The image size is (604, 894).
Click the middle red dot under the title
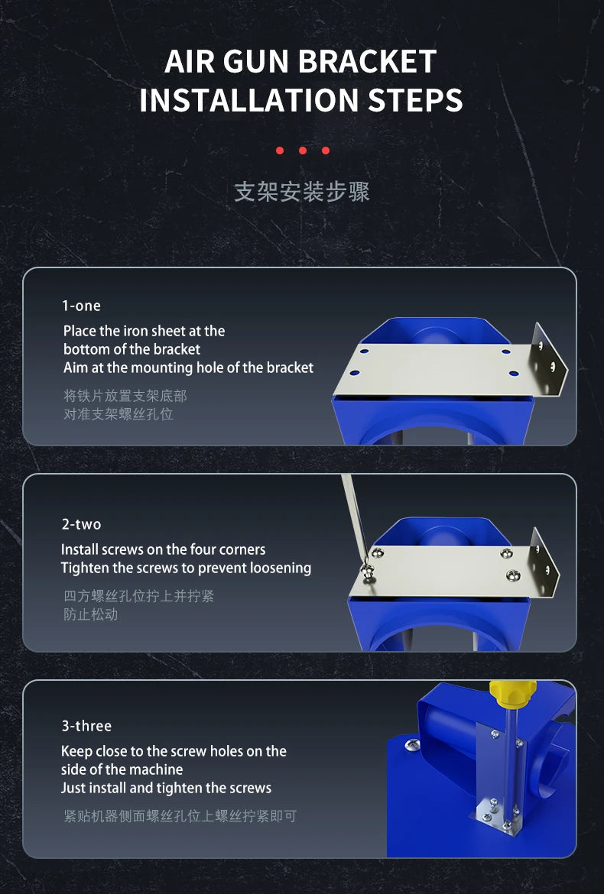(302, 151)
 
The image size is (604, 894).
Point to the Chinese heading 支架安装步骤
(302, 192)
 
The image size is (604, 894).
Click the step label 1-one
(82, 306)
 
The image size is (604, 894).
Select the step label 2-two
(82, 524)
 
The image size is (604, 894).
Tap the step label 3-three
(86, 727)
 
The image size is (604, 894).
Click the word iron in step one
(144, 332)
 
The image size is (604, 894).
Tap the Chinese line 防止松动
(91, 614)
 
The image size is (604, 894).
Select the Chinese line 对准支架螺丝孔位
(118, 414)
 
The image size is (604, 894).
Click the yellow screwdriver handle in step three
(513, 693)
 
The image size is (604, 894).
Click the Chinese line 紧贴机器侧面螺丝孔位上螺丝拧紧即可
(180, 817)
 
